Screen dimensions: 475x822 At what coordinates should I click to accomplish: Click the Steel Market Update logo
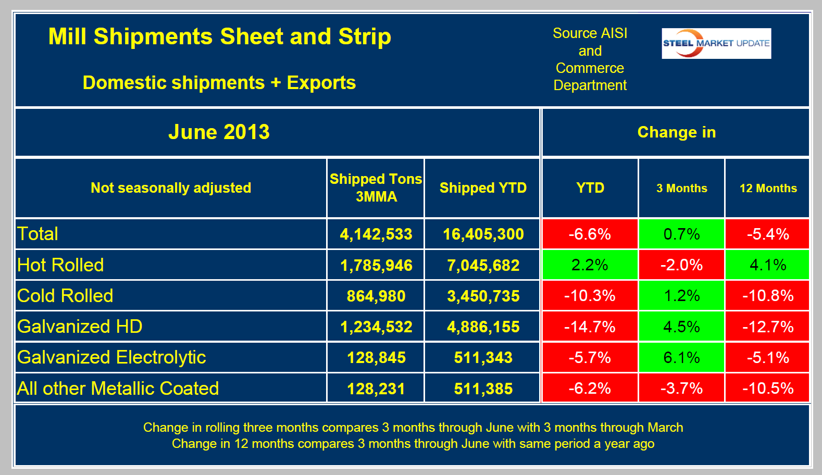tap(716, 43)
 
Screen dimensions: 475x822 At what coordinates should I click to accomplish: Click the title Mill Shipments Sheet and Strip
tap(219, 37)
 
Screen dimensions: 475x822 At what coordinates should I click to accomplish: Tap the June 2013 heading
tap(219, 132)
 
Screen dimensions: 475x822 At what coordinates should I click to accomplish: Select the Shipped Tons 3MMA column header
tap(376, 187)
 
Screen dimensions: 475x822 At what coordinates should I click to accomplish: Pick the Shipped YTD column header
tap(483, 188)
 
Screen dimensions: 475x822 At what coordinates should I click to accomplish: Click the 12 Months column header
tap(768, 189)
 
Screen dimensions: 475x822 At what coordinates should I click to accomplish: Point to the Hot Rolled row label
tap(60, 265)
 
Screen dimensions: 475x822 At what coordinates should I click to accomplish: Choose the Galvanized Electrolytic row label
tap(111, 357)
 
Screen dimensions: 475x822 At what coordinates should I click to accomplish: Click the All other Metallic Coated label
tap(118, 389)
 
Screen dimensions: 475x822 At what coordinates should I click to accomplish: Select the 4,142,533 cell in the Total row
tap(376, 234)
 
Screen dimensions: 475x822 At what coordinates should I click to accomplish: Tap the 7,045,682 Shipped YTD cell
tap(483, 266)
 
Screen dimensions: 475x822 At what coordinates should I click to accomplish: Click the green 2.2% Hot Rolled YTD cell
tap(590, 265)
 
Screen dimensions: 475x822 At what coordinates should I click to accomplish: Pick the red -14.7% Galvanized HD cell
tap(590, 327)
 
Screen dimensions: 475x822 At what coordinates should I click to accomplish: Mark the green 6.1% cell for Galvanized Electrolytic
tap(681, 358)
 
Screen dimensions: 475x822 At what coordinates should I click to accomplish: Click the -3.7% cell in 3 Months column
tap(681, 389)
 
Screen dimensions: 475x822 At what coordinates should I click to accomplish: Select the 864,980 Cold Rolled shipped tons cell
tap(376, 296)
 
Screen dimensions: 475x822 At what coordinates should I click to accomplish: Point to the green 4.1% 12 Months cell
tap(768, 265)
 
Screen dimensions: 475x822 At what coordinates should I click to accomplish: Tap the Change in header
tap(676, 132)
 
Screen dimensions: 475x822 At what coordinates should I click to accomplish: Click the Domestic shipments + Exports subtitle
tap(219, 83)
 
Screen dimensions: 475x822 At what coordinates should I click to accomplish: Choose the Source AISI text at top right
tap(590, 33)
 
